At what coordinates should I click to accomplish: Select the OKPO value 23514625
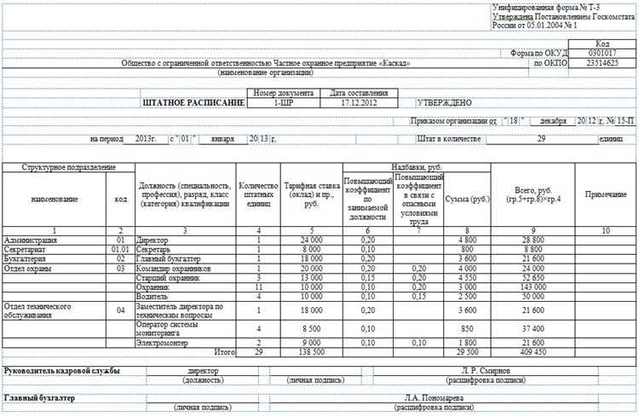(602, 63)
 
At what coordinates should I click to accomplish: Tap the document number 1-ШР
(282, 102)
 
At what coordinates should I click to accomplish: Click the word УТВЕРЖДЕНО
(444, 102)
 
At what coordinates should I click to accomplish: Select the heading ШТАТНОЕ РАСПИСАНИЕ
(194, 102)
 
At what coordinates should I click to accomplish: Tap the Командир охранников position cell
(176, 268)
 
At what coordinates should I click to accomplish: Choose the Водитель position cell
(153, 295)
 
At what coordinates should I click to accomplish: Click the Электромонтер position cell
(164, 341)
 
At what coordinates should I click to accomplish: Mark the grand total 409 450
(533, 350)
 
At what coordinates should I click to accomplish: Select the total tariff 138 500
(312, 350)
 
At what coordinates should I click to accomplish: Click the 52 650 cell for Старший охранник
(533, 277)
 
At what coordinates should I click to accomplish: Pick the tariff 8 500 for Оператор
(312, 327)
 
